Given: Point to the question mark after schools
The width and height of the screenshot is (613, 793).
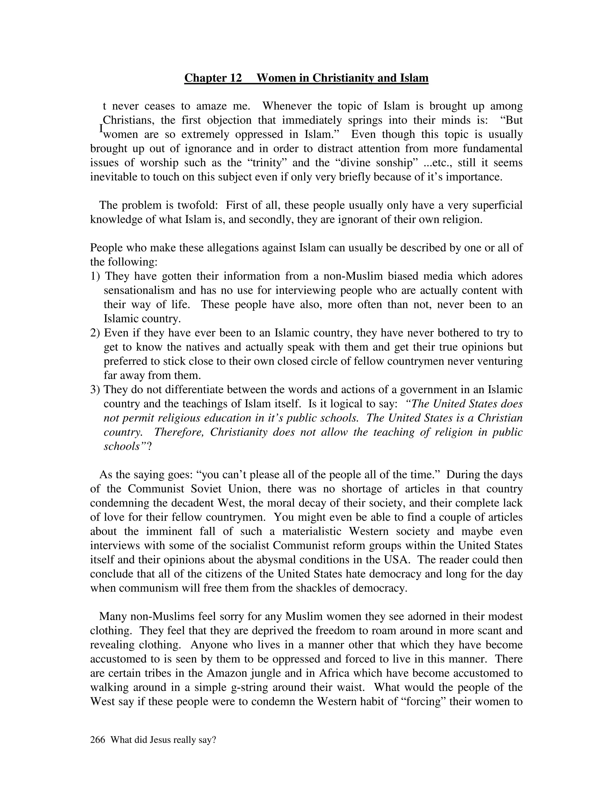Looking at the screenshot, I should (149, 446).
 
